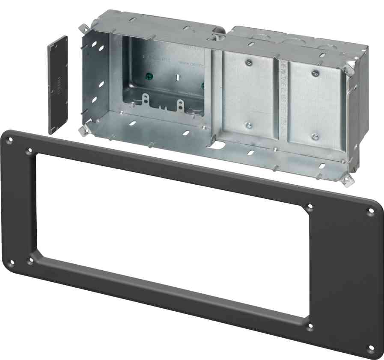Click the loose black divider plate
tap(57, 85)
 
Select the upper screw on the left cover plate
tap(248, 62)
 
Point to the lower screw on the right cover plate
tap(314, 137)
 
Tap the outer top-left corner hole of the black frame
tap(9, 139)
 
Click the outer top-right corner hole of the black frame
tap(371, 211)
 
